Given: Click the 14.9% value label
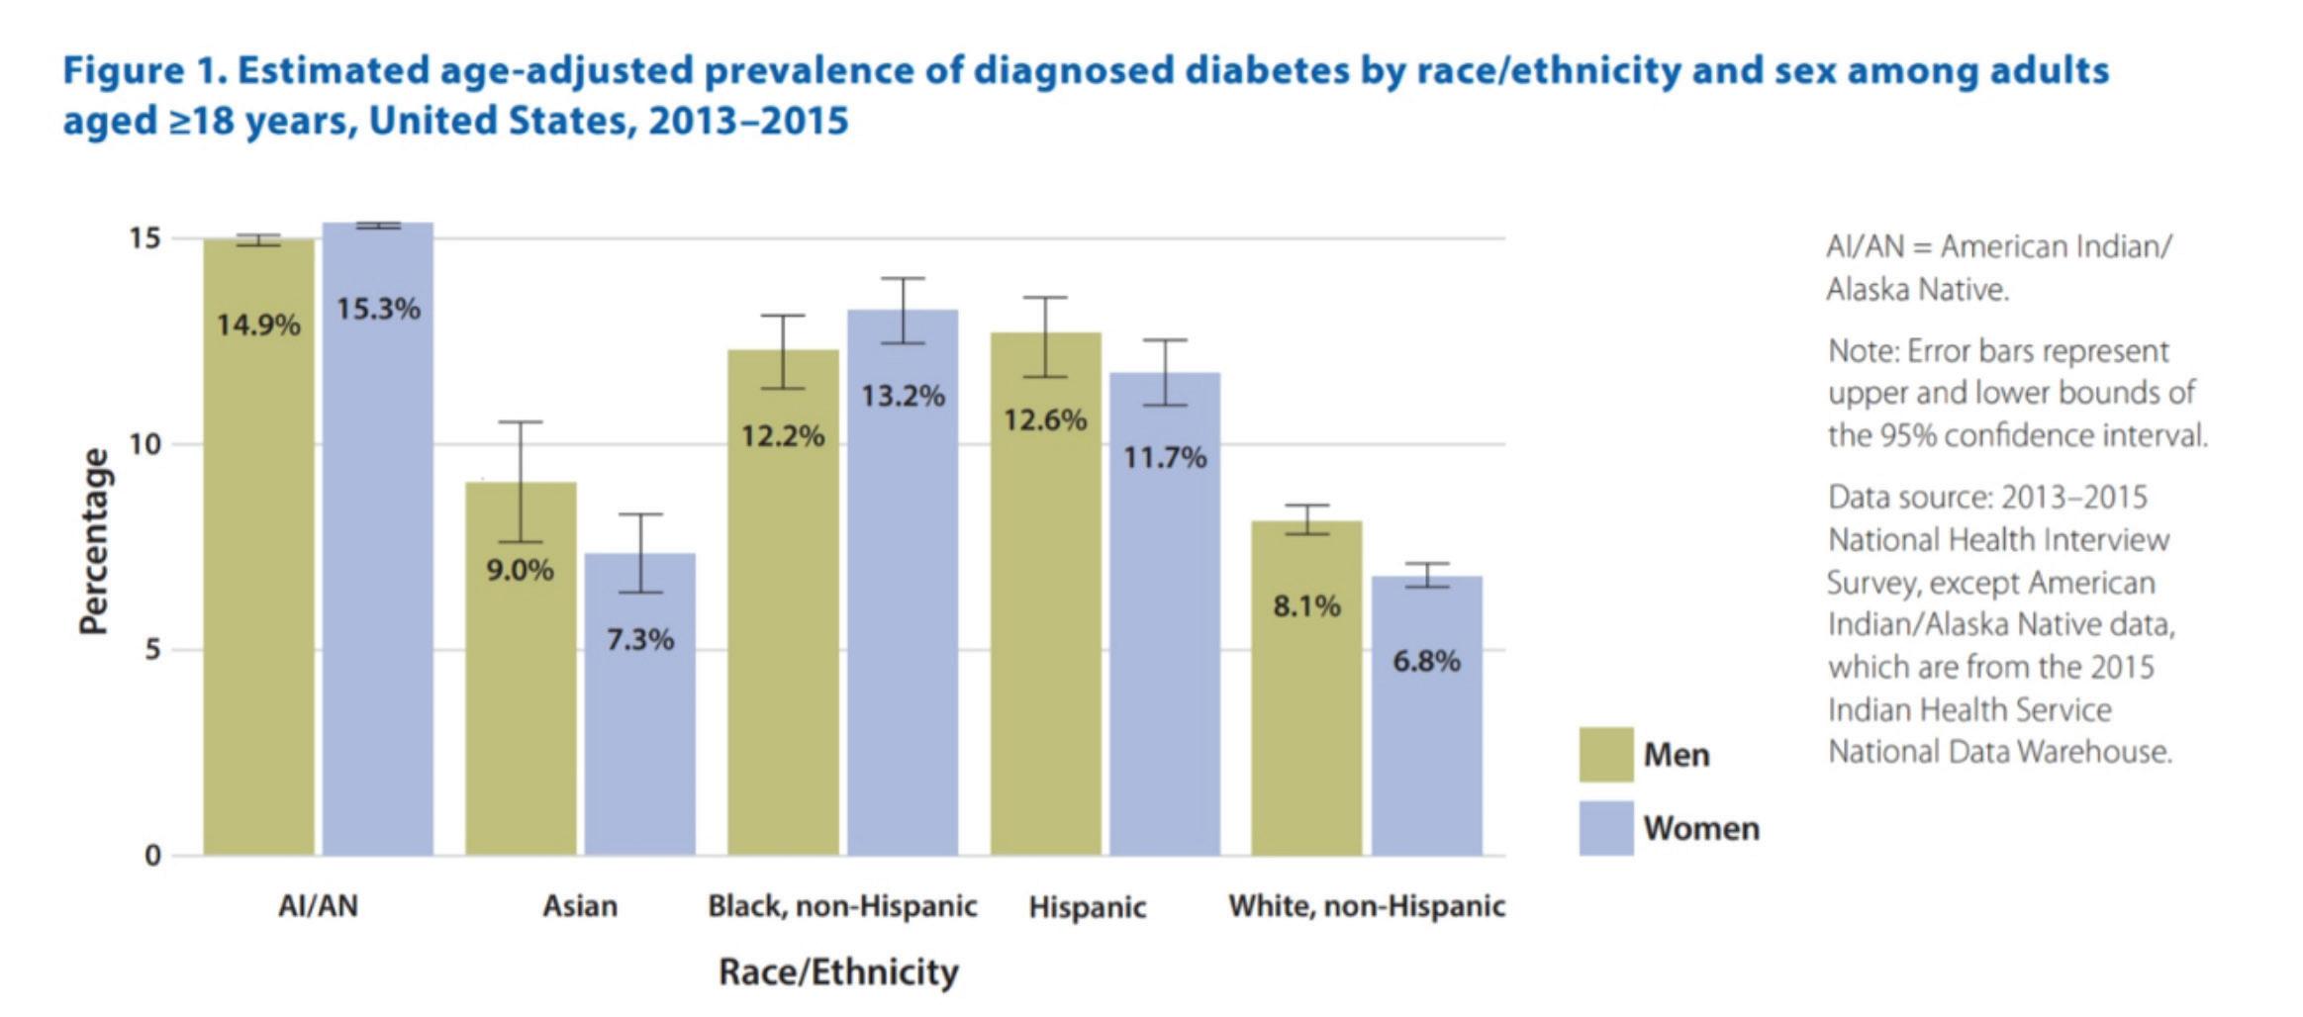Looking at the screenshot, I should (x=258, y=324).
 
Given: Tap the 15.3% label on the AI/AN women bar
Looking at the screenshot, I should (x=378, y=309).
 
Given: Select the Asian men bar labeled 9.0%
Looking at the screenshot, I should (x=521, y=693).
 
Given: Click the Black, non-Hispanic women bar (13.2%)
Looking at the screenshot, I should (x=903, y=613).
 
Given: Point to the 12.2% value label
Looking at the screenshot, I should (x=783, y=435).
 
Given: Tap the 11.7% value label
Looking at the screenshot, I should (x=1165, y=457).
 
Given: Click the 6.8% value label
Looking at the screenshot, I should (x=1426, y=661).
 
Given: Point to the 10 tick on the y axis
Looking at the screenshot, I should (x=144, y=444).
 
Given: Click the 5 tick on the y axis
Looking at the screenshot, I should (x=152, y=650).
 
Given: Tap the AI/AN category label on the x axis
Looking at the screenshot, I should (x=318, y=906).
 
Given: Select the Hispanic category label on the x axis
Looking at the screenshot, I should (x=1087, y=907).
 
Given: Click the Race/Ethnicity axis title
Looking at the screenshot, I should (x=838, y=972).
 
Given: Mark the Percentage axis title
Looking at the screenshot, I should (x=94, y=541).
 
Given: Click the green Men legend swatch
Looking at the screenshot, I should (x=1605, y=755).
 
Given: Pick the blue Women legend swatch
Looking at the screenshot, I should (x=1605, y=828).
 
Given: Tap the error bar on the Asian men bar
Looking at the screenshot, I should (x=521, y=482).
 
